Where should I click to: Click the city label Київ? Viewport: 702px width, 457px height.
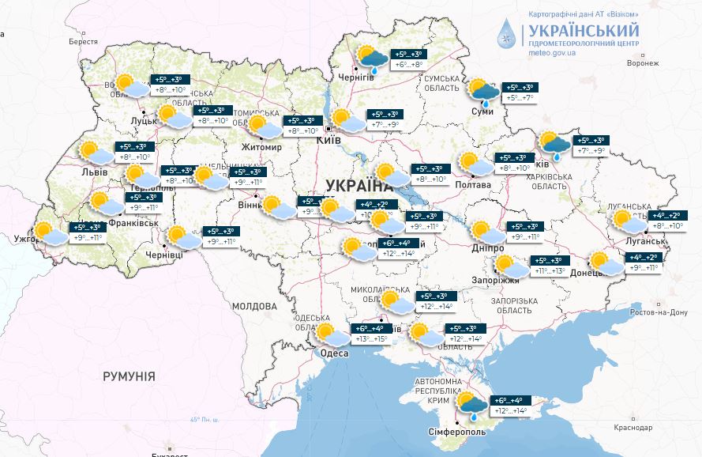pyautogui.click(x=328, y=140)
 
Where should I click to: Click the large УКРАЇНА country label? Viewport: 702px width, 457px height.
pyautogui.click(x=359, y=186)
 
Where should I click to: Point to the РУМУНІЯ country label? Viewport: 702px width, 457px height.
pyautogui.click(x=129, y=376)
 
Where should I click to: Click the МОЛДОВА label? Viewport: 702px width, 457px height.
pyautogui.click(x=254, y=305)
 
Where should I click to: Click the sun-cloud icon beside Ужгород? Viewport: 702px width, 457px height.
pyautogui.click(x=51, y=235)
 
